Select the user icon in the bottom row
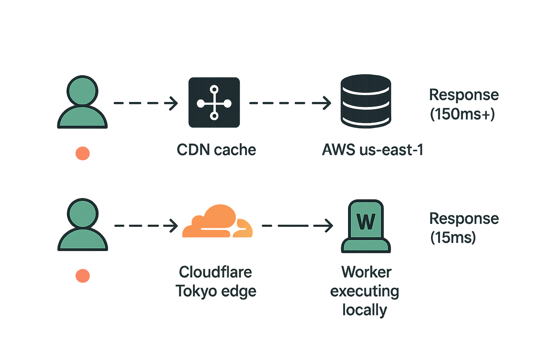(83, 225)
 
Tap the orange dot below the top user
(83, 153)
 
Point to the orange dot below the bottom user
(83, 276)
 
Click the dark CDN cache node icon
(214, 103)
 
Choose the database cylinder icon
(366, 101)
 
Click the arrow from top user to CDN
(146, 103)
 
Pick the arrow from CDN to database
(290, 103)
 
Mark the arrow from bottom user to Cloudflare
(146, 225)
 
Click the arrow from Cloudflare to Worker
(297, 225)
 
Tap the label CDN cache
(216, 150)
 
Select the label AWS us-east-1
(372, 150)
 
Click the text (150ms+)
(463, 114)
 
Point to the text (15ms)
(453, 238)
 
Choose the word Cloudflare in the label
(216, 272)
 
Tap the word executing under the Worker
(365, 291)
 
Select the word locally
(365, 310)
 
